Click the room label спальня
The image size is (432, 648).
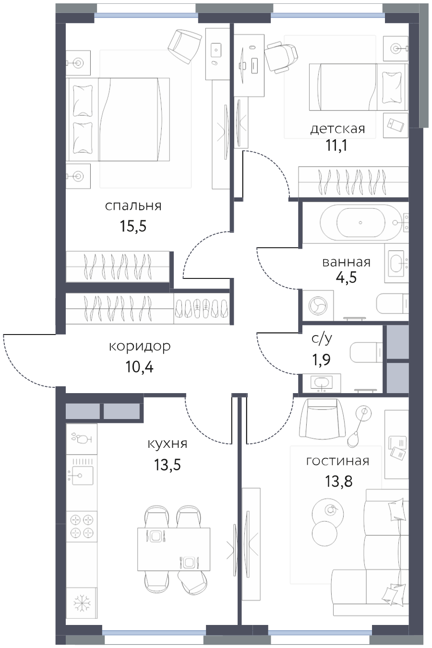pos(133,206)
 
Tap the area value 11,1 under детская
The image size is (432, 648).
pos(337,145)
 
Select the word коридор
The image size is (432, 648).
pos(140,347)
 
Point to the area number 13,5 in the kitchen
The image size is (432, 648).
pos(167,465)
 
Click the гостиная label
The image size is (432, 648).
pos(337,461)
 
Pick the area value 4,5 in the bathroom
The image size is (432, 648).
pos(346,277)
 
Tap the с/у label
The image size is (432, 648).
pos(322,339)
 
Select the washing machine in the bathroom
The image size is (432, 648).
pos(318,306)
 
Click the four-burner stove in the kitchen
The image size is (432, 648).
pos(82,527)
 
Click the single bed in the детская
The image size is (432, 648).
pos(359,87)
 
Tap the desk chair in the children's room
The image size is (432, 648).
pos(281,57)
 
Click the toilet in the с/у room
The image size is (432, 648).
pos(366,352)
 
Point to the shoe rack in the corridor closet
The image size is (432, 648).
pos(202,308)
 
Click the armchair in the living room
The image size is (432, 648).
pos(323,418)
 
